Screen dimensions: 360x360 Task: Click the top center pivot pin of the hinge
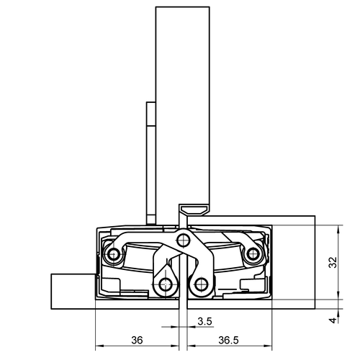(x=183, y=240)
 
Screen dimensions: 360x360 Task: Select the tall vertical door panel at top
(x=181, y=101)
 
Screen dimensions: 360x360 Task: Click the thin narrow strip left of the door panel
(x=150, y=162)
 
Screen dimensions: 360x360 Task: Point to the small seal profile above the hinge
(x=193, y=210)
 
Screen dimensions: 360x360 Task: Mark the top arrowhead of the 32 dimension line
(x=338, y=228)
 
